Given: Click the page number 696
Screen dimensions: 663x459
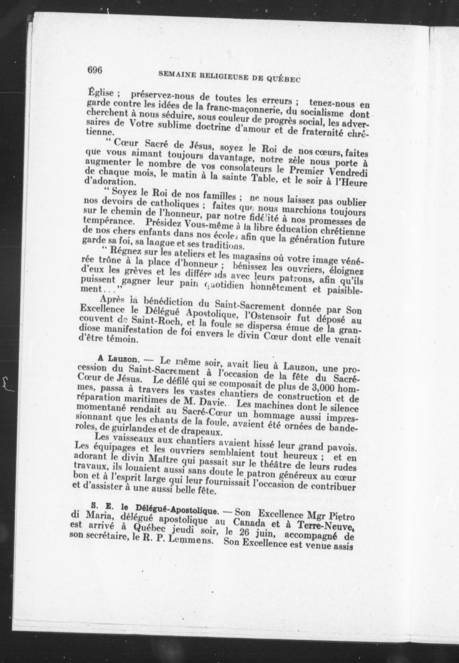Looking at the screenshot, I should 95,70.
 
